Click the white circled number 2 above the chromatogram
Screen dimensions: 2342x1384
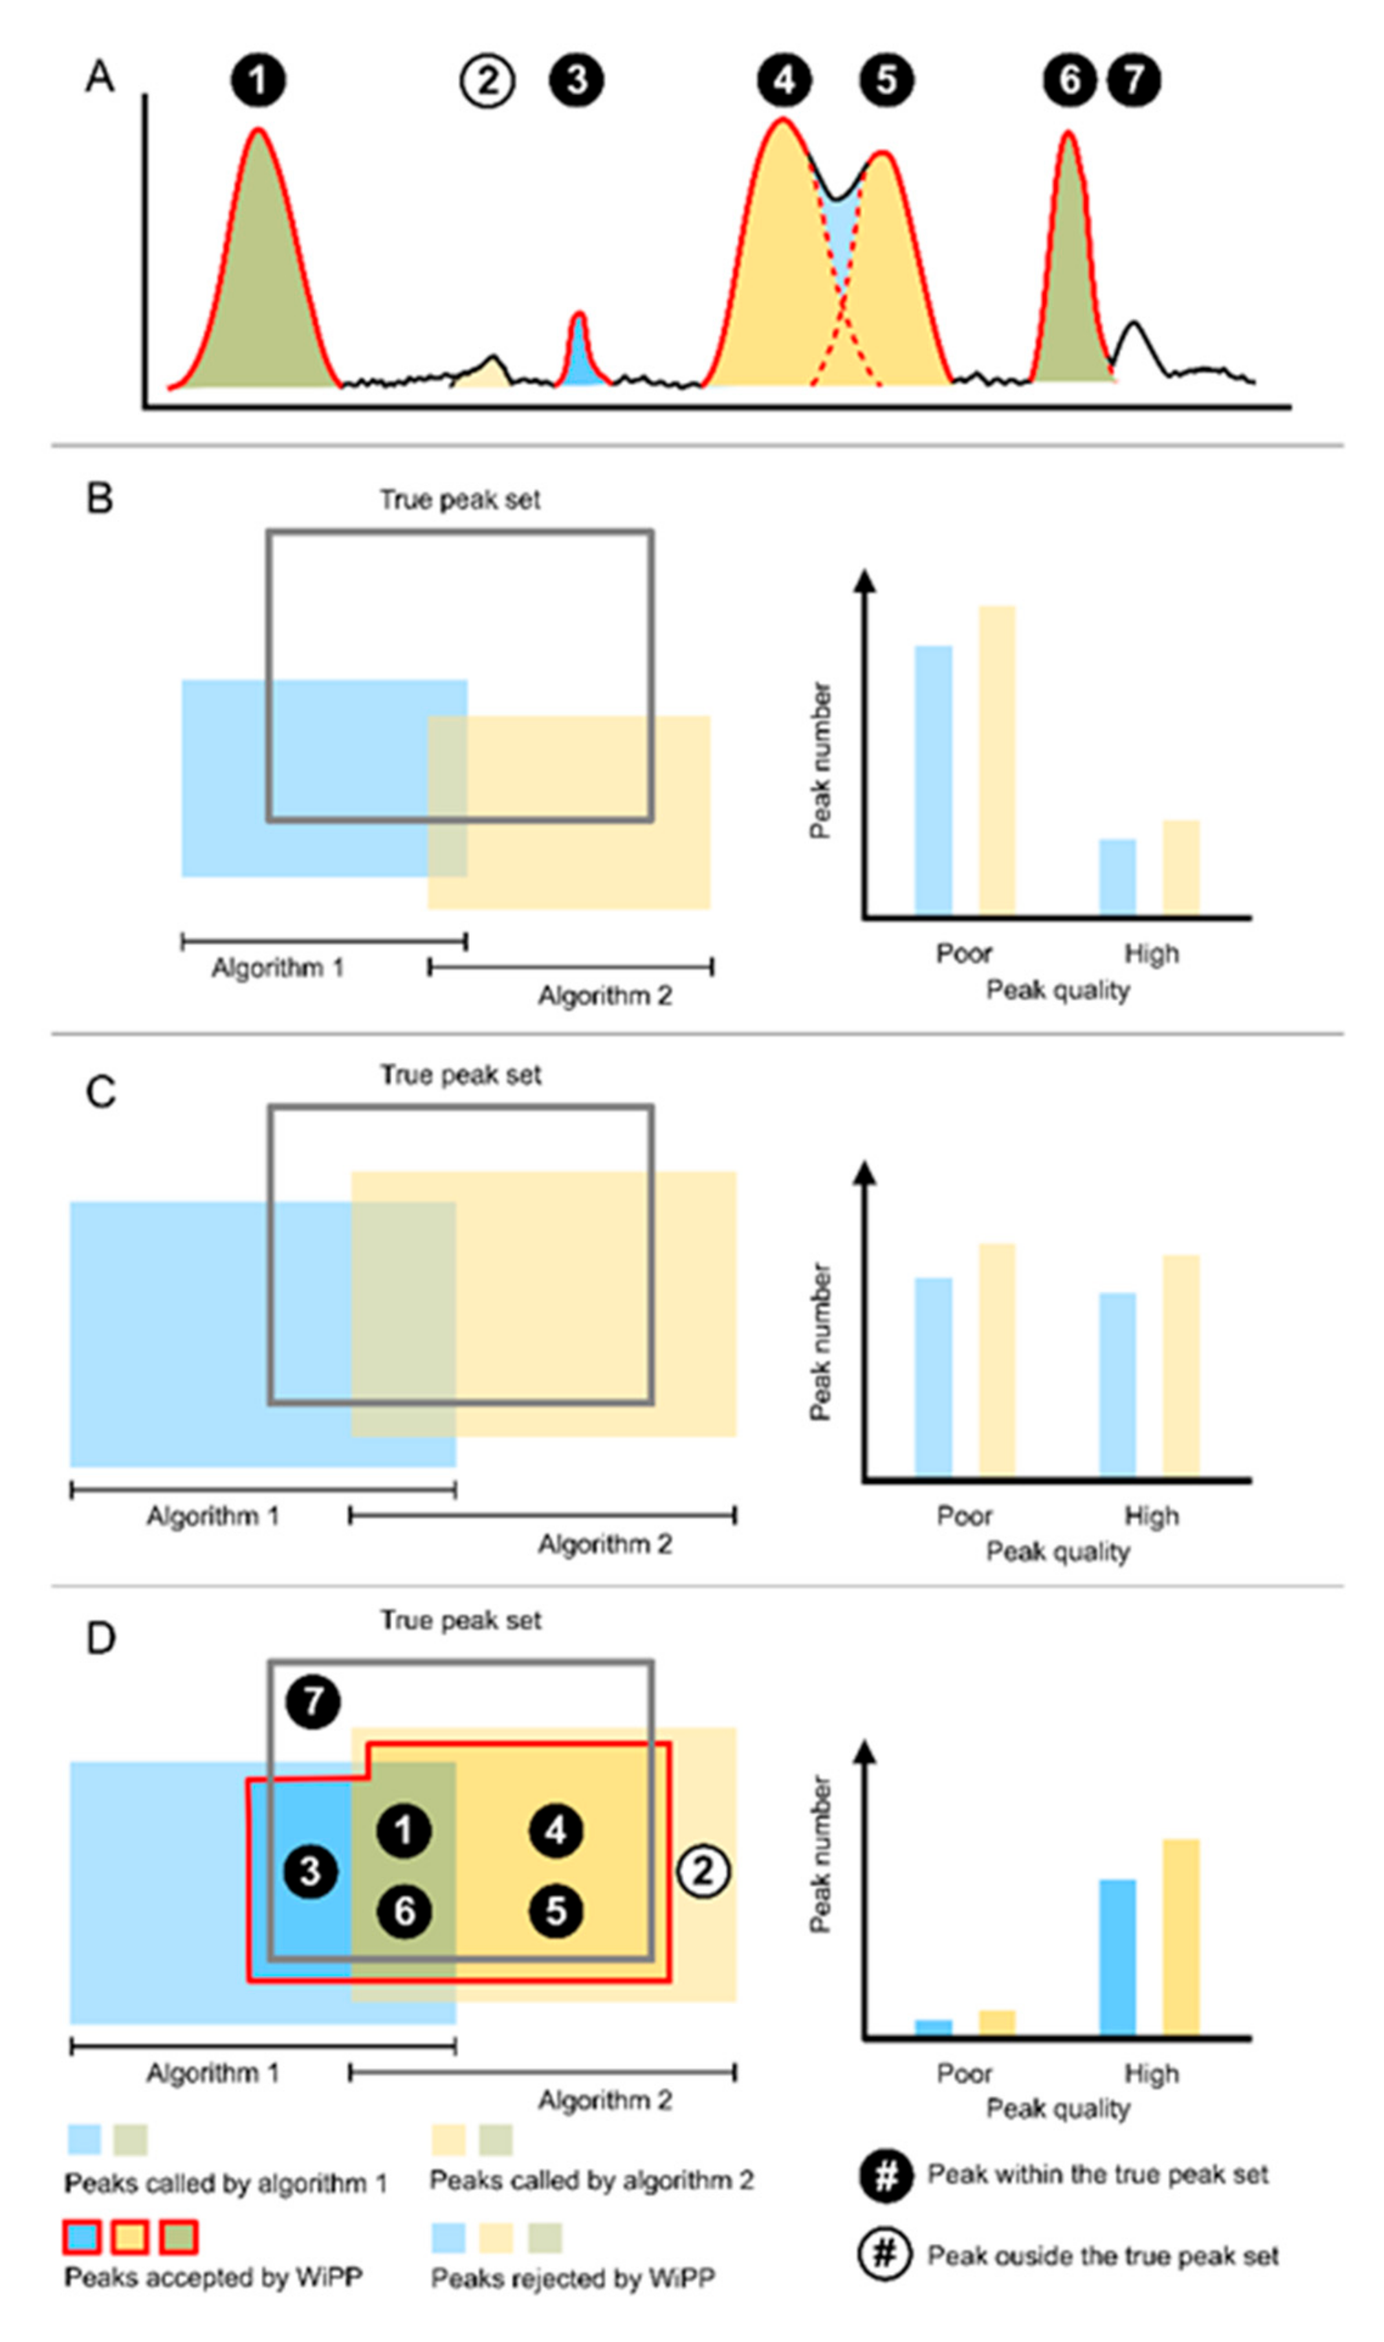point(487,81)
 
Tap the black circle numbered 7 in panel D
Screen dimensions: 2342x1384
point(313,1701)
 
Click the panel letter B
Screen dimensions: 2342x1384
point(100,499)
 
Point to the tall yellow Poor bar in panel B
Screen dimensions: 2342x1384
point(996,760)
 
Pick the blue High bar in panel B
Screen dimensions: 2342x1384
point(1117,877)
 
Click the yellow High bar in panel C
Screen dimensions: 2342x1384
point(1181,1365)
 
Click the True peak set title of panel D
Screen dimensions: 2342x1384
point(460,1620)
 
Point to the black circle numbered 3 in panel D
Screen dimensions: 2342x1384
point(311,1870)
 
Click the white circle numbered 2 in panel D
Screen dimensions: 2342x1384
point(702,1870)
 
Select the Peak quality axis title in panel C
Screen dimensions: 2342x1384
point(1058,1551)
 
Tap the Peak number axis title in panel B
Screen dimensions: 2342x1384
point(820,761)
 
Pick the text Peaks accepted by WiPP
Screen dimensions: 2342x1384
point(213,2278)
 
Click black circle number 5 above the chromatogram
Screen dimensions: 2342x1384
point(885,81)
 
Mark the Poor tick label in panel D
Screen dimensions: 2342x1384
point(964,2074)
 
